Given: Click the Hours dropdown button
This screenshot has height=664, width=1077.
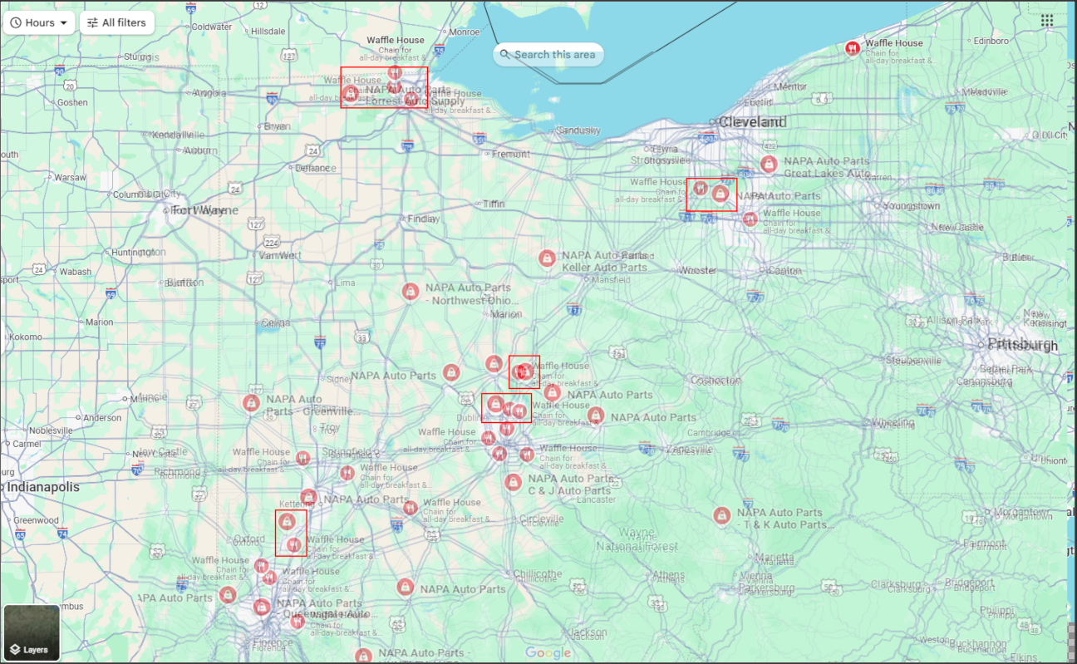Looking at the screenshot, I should (39, 22).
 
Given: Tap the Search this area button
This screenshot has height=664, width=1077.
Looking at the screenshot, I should (548, 55).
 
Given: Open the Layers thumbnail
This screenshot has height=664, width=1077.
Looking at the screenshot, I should (32, 632).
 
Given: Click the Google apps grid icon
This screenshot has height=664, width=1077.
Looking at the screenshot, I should (1047, 21).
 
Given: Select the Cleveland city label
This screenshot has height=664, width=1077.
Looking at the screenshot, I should (752, 122).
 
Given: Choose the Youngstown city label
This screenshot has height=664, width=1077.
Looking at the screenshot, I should (912, 205).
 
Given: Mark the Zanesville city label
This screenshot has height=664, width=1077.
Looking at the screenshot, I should (689, 450).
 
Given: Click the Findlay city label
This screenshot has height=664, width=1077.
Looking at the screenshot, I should (423, 219).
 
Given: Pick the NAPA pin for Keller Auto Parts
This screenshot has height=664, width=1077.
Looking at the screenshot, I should (547, 258).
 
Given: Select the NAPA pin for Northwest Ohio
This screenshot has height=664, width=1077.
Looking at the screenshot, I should (410, 292).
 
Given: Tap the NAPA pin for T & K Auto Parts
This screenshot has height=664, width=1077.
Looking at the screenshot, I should (722, 516).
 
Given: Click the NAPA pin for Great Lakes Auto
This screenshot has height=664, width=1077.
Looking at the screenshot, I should (769, 165).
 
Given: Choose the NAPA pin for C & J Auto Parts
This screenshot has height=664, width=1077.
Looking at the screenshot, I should (513, 482).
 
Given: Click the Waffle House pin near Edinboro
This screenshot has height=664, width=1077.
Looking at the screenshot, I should (852, 48).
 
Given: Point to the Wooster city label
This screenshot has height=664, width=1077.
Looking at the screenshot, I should (697, 270).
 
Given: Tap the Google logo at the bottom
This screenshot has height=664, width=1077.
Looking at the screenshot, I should (548, 653).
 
